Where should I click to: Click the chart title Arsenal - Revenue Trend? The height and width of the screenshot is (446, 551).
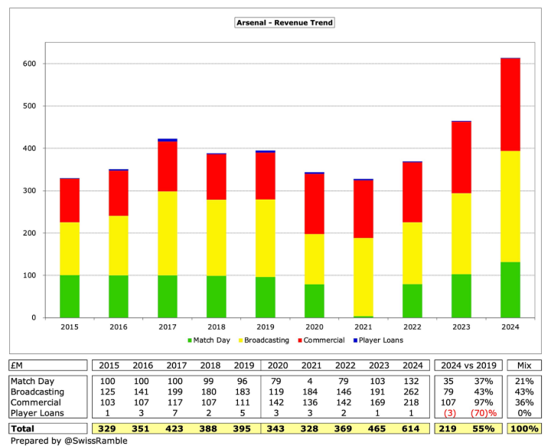[x=285, y=23]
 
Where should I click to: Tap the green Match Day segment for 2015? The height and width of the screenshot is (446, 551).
[x=70, y=295]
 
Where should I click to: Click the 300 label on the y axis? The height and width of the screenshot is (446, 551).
[x=29, y=190]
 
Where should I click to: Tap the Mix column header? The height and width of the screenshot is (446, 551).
[x=523, y=364]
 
